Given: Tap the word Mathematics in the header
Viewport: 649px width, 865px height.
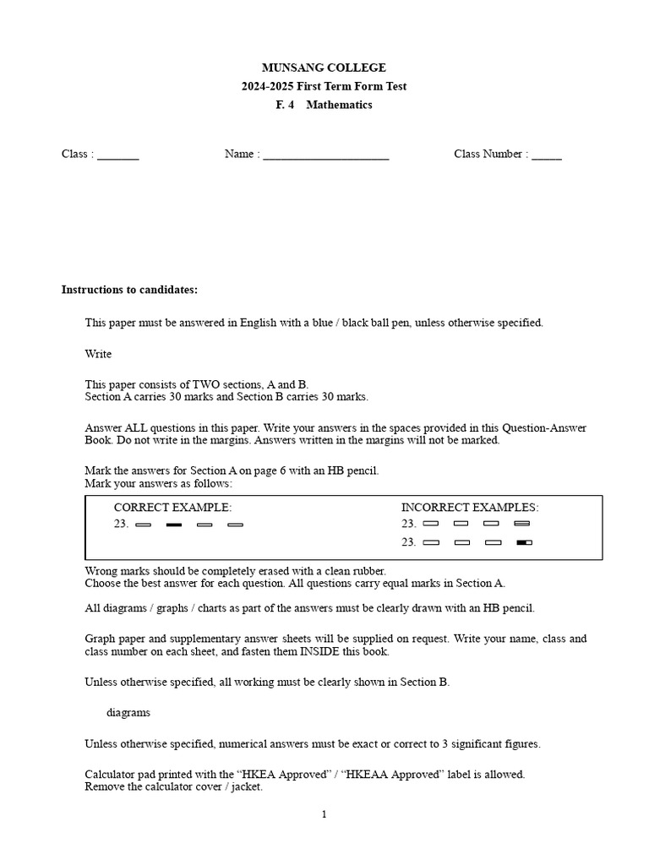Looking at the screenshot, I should [x=339, y=105].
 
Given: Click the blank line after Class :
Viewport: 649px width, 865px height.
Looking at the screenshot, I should [x=118, y=156].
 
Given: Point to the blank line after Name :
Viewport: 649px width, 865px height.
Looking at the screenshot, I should [x=326, y=156].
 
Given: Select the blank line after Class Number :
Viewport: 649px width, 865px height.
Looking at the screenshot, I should [x=547, y=156].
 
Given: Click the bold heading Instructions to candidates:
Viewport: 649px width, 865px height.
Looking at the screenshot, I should [x=129, y=290].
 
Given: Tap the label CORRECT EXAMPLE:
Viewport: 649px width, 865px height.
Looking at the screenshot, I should [x=172, y=508].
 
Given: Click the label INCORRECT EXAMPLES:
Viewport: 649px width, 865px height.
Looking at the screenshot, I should [x=470, y=508].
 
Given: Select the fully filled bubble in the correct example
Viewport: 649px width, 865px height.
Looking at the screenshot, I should [x=174, y=525].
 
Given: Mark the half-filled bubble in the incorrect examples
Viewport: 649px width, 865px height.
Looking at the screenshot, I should [x=524, y=542].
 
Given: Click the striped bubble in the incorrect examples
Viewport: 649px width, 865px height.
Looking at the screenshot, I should [x=521, y=525].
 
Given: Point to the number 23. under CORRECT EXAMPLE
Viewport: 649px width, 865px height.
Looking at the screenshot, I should [x=122, y=525].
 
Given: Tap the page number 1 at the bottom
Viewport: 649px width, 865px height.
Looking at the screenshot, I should [x=324, y=814].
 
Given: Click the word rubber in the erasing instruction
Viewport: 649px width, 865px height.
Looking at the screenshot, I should [x=368, y=571].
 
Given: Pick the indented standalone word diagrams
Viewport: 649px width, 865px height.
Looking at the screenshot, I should [x=128, y=712].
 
